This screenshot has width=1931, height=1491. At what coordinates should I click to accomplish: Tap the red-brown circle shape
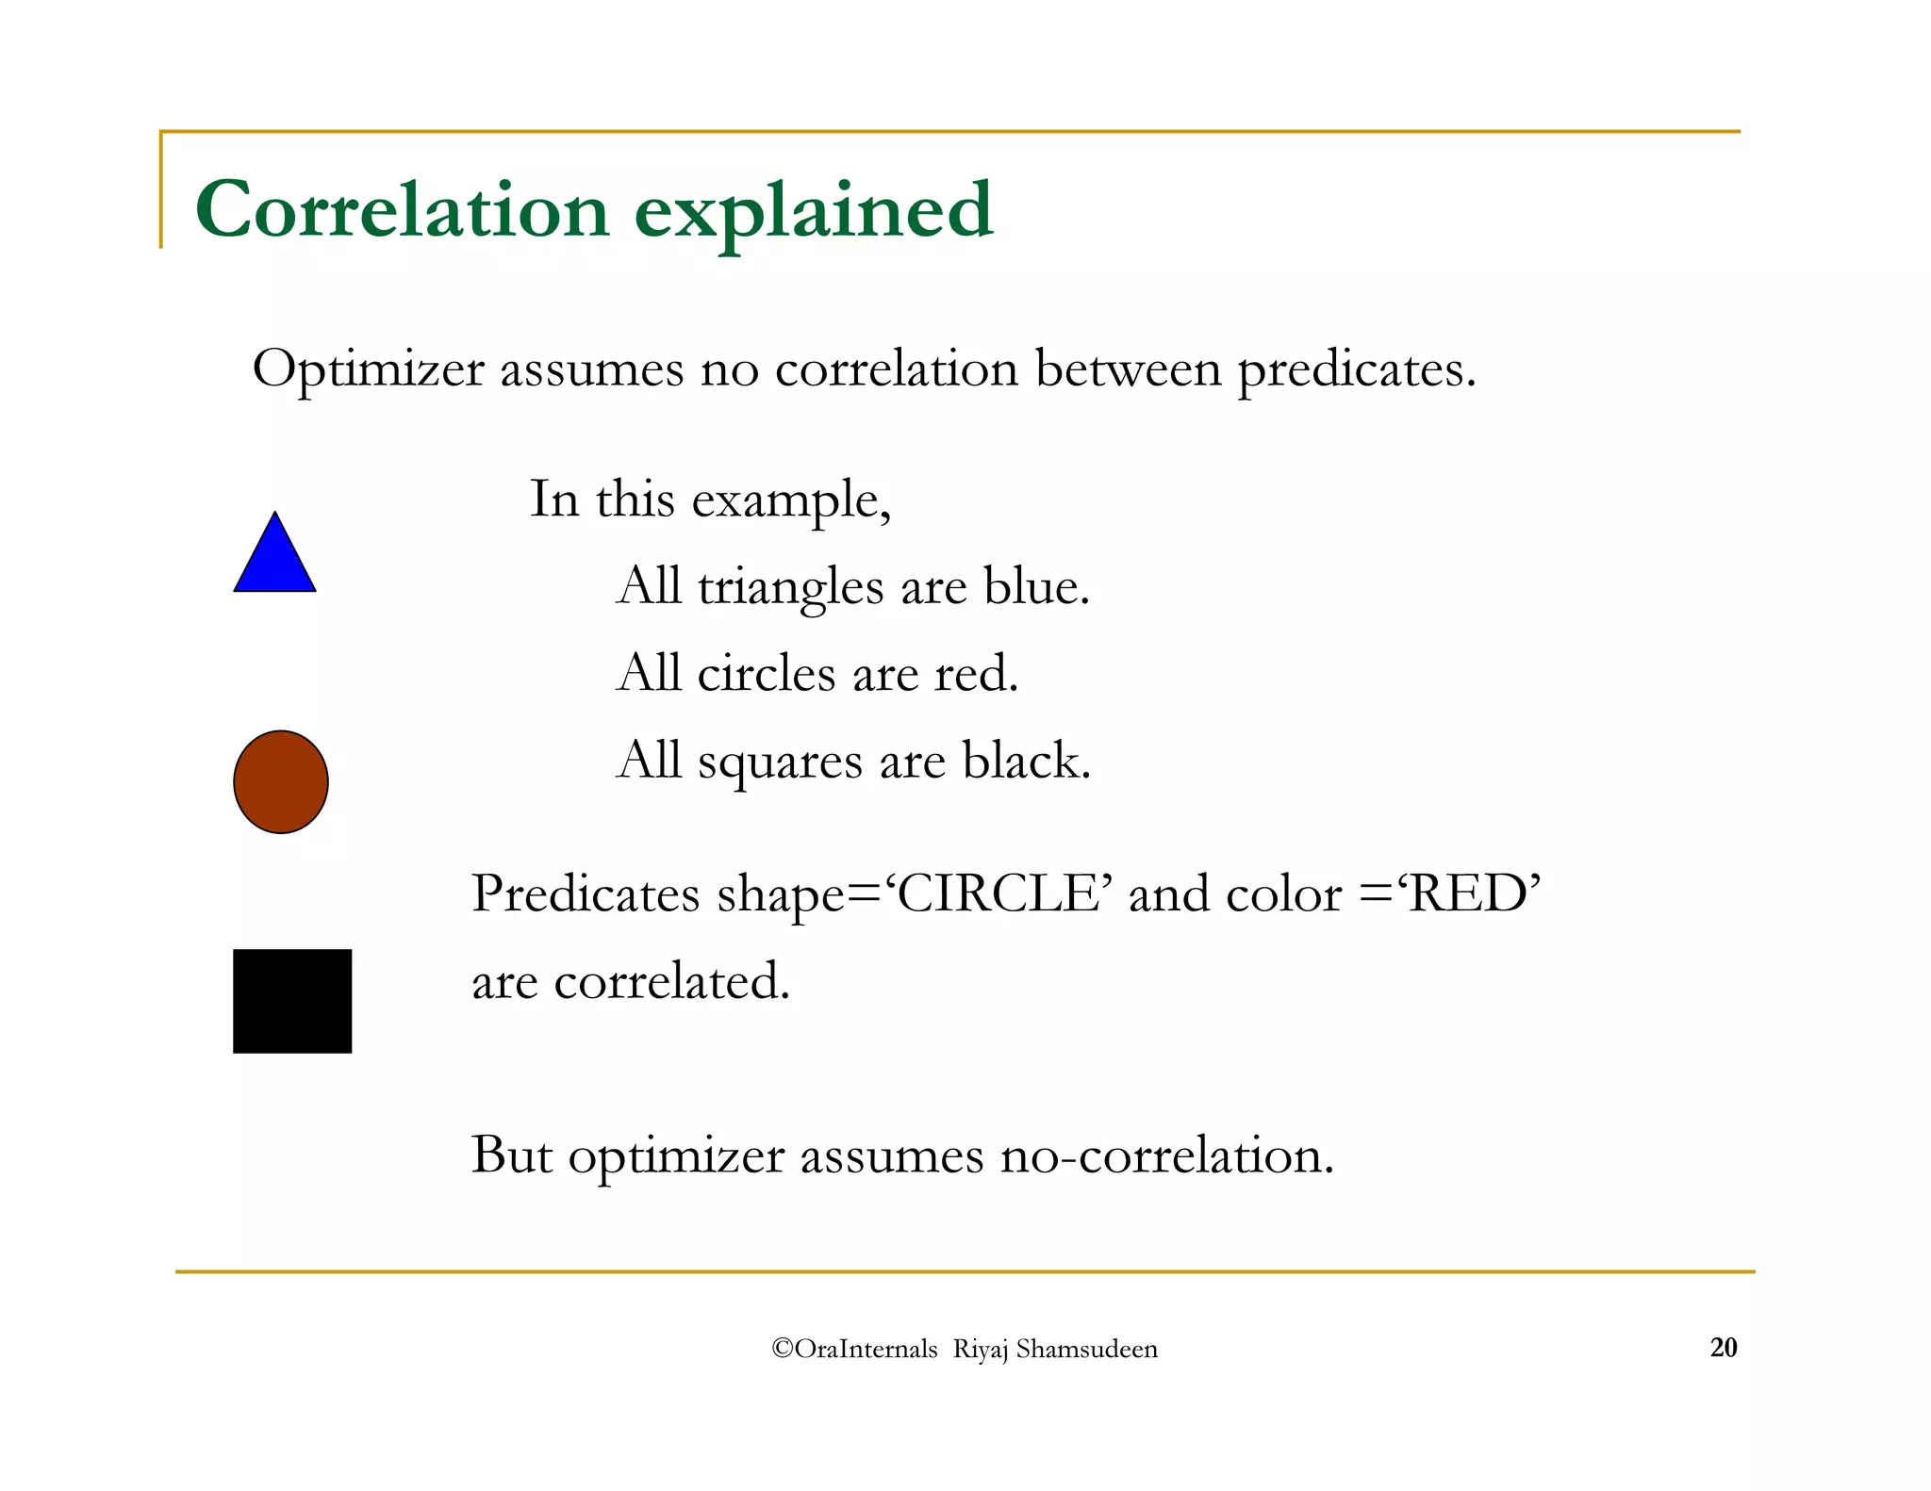click(281, 782)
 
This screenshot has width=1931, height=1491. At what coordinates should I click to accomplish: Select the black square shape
click(292, 1001)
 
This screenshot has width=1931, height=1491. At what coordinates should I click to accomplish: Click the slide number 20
click(1723, 1348)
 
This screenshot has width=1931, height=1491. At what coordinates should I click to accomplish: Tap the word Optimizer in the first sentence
click(368, 369)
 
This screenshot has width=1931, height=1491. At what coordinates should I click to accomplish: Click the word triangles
click(790, 588)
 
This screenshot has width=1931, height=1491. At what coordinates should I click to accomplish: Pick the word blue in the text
click(1035, 586)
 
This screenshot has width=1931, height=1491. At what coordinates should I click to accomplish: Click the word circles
click(766, 674)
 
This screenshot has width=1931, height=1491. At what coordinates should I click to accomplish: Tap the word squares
click(779, 762)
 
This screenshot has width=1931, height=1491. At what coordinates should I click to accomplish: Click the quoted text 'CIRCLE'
click(998, 893)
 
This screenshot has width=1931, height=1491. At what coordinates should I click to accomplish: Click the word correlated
click(670, 981)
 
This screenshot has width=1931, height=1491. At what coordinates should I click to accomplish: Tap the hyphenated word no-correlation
click(1166, 1155)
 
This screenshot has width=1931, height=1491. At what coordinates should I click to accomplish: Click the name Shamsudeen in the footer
click(1086, 1350)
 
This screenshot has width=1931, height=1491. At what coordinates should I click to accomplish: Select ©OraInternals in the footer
click(853, 1350)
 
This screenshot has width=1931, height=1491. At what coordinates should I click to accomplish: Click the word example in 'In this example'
click(790, 500)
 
